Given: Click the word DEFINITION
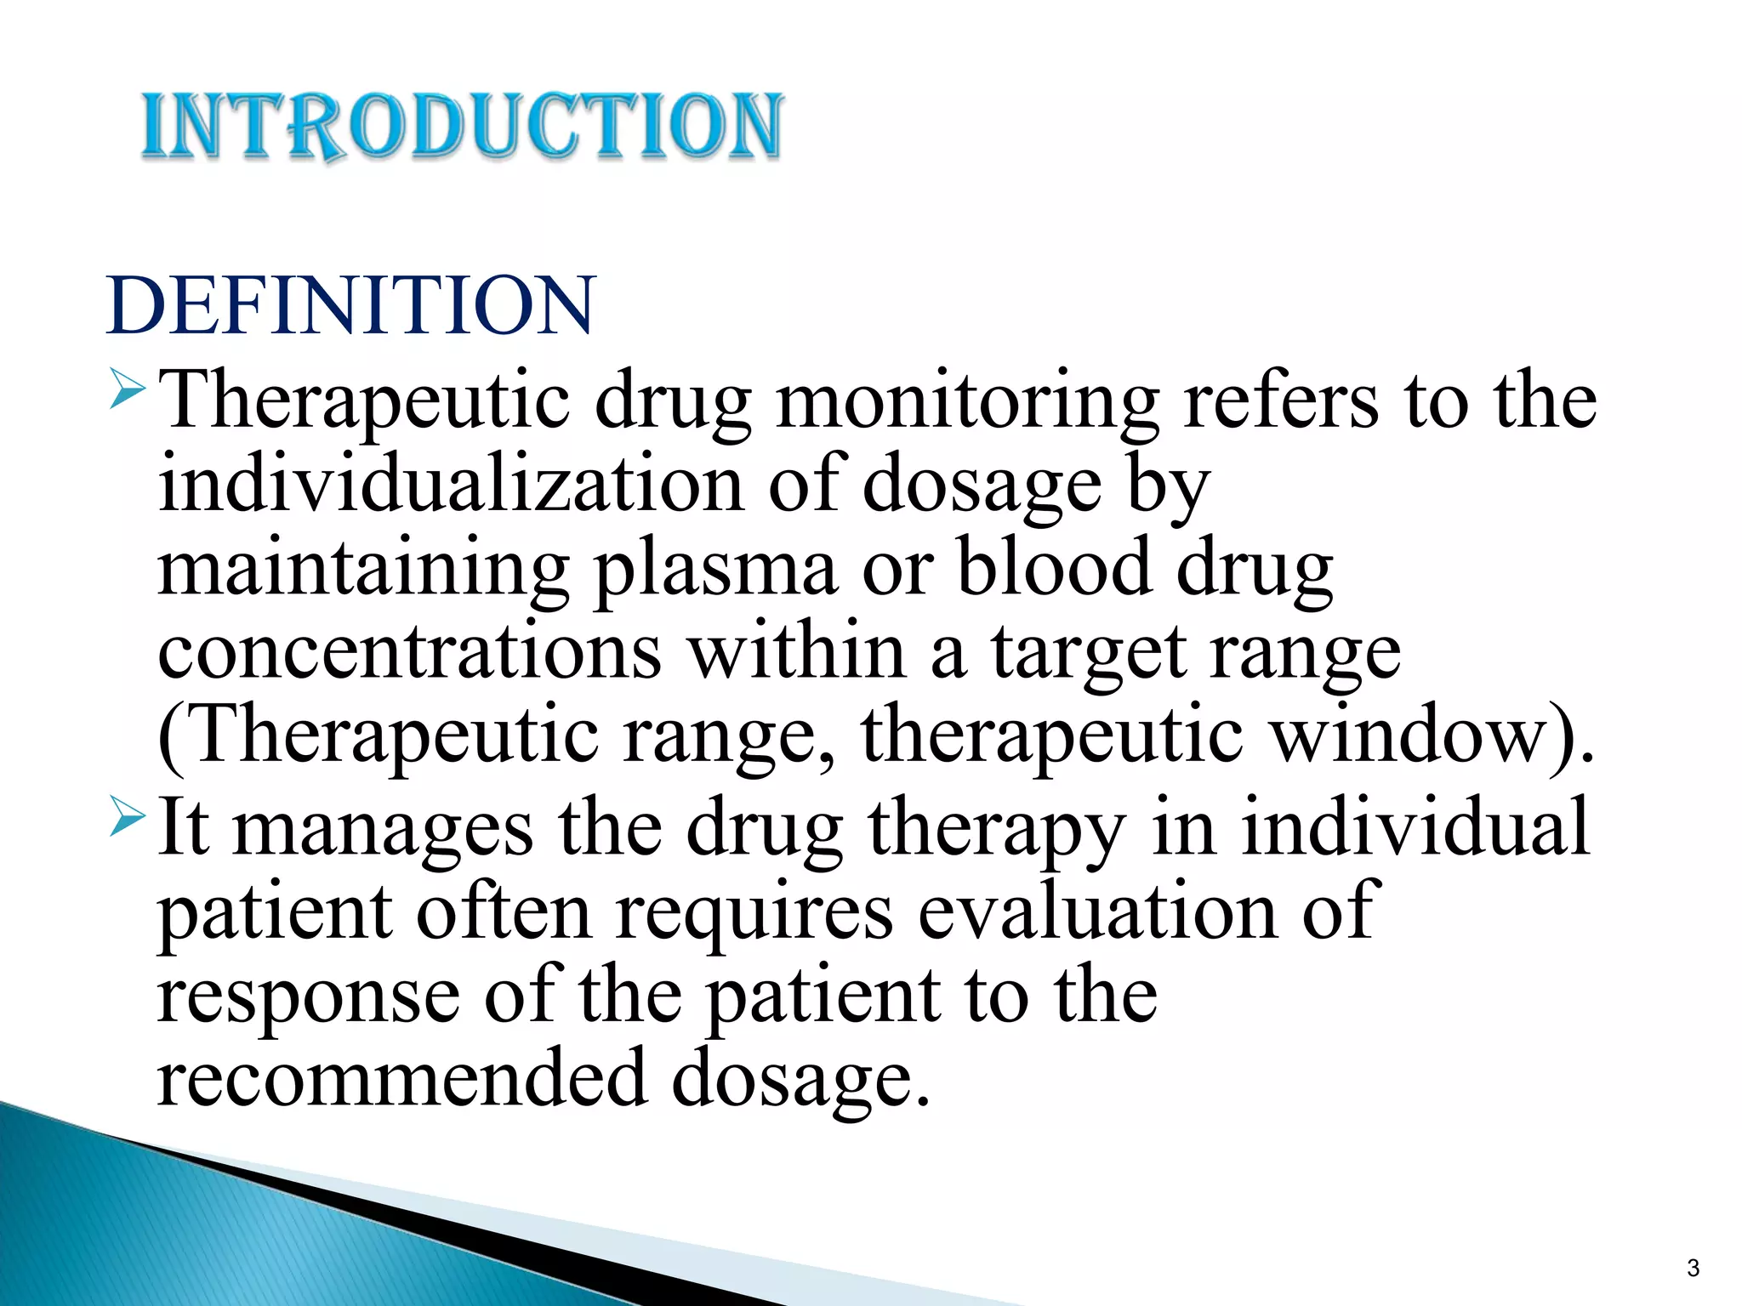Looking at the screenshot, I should (350, 306).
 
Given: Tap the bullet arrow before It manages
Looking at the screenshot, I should (128, 814).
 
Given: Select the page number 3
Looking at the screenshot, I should (1693, 1268).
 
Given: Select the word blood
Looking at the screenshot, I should (1055, 568).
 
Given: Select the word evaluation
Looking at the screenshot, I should (1097, 911).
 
